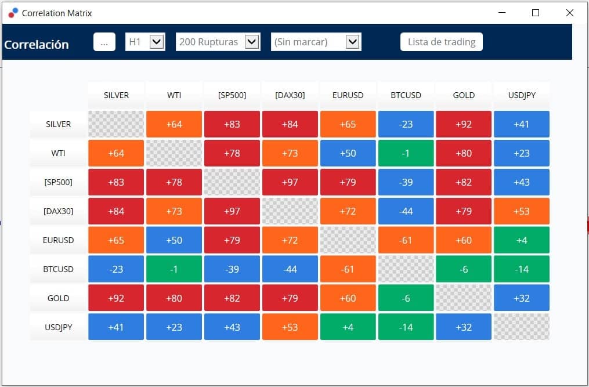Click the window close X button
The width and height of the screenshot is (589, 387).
pyautogui.click(x=569, y=13)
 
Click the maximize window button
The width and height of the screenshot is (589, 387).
pyautogui.click(x=536, y=13)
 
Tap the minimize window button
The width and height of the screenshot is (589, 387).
pyautogui.click(x=502, y=12)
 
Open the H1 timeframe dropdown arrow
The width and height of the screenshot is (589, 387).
pyautogui.click(x=157, y=42)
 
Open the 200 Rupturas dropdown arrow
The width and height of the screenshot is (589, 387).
pyautogui.click(x=252, y=42)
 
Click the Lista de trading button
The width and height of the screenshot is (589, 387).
pyautogui.click(x=442, y=42)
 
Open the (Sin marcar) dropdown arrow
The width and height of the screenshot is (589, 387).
pyautogui.click(x=352, y=42)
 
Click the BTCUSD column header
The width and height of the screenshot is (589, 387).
pyautogui.click(x=406, y=95)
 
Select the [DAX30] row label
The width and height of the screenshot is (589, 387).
pyautogui.click(x=58, y=211)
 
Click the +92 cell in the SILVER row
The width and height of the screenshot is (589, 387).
pyautogui.click(x=464, y=124)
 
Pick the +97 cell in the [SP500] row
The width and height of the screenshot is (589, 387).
pyautogui.click(x=290, y=182)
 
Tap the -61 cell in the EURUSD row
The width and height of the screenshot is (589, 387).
pyautogui.click(x=406, y=240)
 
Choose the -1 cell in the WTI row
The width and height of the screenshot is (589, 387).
pyautogui.click(x=406, y=153)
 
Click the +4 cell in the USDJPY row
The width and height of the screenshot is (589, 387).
pyautogui.click(x=348, y=327)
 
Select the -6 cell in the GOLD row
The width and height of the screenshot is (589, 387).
pyautogui.click(x=406, y=298)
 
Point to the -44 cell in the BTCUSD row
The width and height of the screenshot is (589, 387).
pyautogui.click(x=290, y=269)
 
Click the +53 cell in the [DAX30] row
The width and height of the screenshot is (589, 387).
pyautogui.click(x=521, y=211)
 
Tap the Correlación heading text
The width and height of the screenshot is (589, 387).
pyautogui.click(x=37, y=44)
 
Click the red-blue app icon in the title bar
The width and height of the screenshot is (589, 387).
pyautogui.click(x=13, y=13)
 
